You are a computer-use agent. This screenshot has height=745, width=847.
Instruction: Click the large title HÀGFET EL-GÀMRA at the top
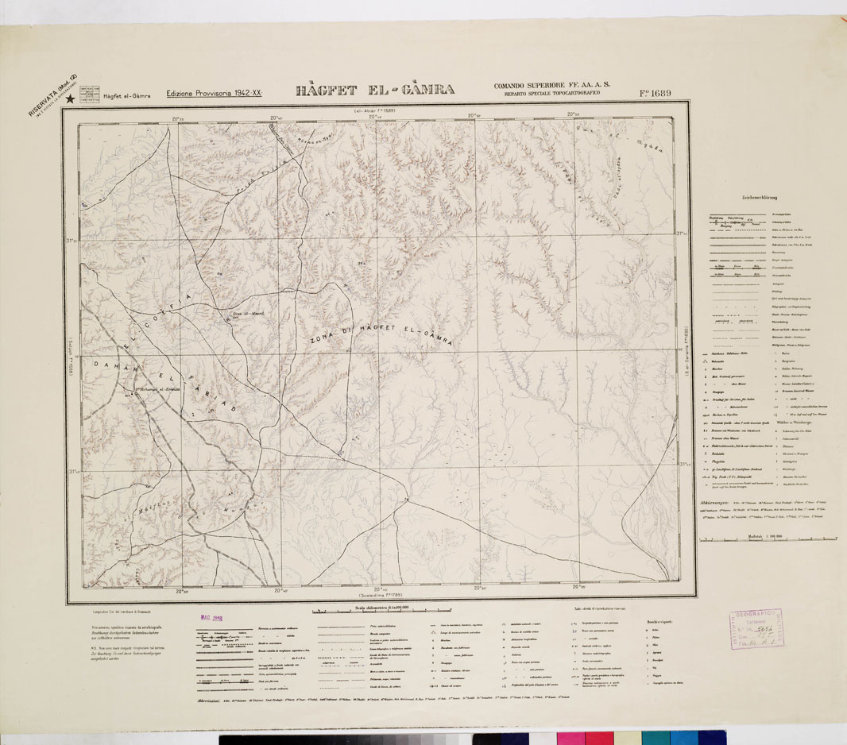tap(375, 90)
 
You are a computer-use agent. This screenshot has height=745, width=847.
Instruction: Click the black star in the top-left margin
tap(71, 99)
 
